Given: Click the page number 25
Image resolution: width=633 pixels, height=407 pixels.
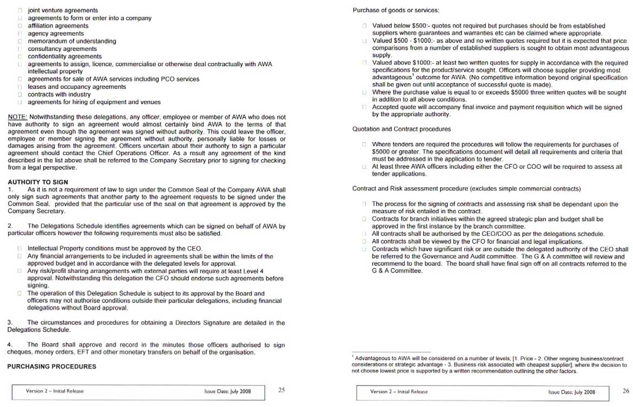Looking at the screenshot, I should pyautogui.click(x=282, y=390).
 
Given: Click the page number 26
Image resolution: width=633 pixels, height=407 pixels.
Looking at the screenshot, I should pyautogui.click(x=626, y=390).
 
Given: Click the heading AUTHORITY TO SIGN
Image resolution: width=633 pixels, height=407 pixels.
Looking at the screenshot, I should pyautogui.click(x=38, y=182).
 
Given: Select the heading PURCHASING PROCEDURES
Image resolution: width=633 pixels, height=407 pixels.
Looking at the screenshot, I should pyautogui.click(x=52, y=366).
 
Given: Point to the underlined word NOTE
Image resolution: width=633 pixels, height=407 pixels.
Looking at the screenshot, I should pyautogui.click(x=17, y=117).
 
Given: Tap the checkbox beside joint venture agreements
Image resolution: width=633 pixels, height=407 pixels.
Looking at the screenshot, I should pyautogui.click(x=20, y=10).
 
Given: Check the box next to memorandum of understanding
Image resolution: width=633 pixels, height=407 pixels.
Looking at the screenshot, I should pyautogui.click(x=20, y=41).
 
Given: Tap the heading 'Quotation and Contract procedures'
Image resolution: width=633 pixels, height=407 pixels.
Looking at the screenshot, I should pyautogui.click(x=401, y=129).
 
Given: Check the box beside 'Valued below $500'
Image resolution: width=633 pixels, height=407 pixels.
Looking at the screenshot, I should pyautogui.click(x=365, y=26).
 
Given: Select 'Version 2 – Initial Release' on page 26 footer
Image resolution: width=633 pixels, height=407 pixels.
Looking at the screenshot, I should pyautogui.click(x=399, y=391).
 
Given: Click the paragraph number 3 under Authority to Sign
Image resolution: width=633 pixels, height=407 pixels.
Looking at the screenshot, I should pyautogui.click(x=10, y=323).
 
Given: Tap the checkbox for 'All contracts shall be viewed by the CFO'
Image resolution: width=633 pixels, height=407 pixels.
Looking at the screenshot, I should pyautogui.click(x=365, y=241).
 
